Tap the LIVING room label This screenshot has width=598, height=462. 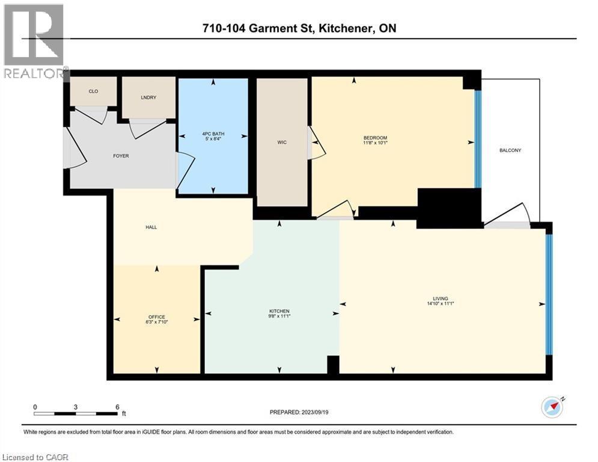(441, 298)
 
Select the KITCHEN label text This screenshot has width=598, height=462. (279, 311)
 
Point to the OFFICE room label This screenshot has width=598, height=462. (157, 317)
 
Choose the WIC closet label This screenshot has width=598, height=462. (281, 143)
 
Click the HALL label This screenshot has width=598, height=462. (151, 227)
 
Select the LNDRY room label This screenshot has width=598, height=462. (149, 97)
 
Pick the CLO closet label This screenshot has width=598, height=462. (93, 91)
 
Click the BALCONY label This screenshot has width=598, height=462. (510, 150)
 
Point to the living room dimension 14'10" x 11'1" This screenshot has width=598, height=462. (441, 304)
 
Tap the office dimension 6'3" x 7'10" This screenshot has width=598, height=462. (157, 323)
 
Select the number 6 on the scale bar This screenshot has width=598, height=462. (117, 407)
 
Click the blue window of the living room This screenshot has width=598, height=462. (549, 294)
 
